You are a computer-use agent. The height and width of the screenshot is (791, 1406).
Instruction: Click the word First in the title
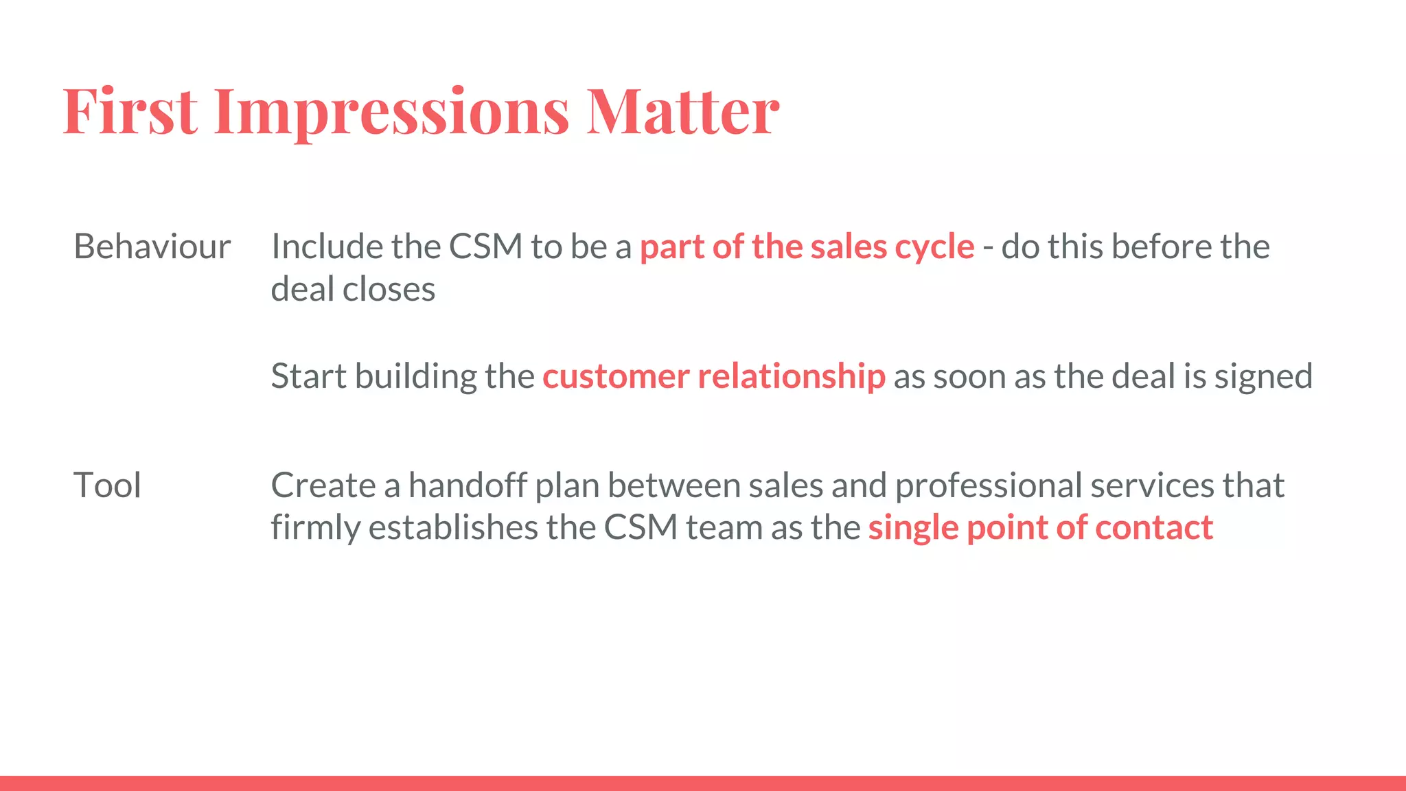(130, 111)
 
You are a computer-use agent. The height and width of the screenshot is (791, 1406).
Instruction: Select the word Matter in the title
(682, 111)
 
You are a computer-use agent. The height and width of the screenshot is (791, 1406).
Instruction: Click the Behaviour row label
(152, 247)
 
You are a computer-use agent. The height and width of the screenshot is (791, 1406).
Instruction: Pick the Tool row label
(107, 485)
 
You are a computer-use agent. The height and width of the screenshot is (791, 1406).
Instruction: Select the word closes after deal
(389, 289)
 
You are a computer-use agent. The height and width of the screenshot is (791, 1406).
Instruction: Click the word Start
(308, 376)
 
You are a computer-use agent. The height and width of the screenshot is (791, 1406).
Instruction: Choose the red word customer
(616, 377)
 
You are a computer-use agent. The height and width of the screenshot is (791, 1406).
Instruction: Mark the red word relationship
(791, 377)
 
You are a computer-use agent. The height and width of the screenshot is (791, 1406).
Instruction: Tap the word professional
(988, 485)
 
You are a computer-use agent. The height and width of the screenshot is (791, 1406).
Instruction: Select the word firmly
(315, 528)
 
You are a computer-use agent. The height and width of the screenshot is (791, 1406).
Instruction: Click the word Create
(323, 485)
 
